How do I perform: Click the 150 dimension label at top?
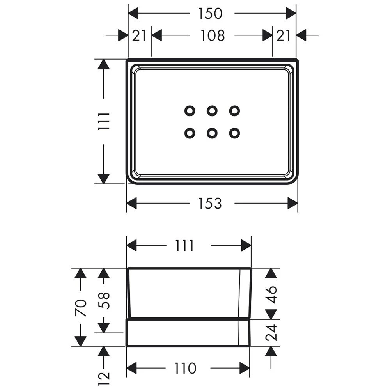(210, 13)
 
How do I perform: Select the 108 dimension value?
(213, 35)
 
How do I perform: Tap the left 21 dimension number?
(139, 35)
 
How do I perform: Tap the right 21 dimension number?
(284, 35)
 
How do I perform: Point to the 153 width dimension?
(210, 203)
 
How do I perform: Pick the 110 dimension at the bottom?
(185, 368)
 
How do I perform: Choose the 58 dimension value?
(104, 301)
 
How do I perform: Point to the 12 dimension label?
(104, 378)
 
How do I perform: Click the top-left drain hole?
(190, 111)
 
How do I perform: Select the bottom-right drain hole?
(234, 133)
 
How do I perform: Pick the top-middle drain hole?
(212, 111)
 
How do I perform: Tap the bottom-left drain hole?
(190, 133)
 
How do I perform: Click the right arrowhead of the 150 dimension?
(291, 13)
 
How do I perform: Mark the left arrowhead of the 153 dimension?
(132, 203)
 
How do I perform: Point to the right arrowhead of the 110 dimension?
(245, 368)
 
